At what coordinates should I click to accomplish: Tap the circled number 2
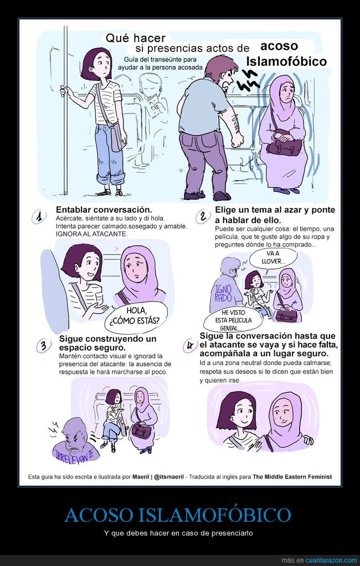(203, 217)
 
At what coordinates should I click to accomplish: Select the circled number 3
(43, 346)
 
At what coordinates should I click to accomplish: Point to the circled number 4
(189, 346)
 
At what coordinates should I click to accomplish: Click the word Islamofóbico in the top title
(286, 61)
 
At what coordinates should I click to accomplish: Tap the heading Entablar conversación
(104, 210)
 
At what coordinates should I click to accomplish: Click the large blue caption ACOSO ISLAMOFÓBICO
(178, 515)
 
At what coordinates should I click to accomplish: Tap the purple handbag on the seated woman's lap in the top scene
(284, 146)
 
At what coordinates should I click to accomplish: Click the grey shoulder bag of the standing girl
(117, 137)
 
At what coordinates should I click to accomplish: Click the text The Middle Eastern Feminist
(292, 476)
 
